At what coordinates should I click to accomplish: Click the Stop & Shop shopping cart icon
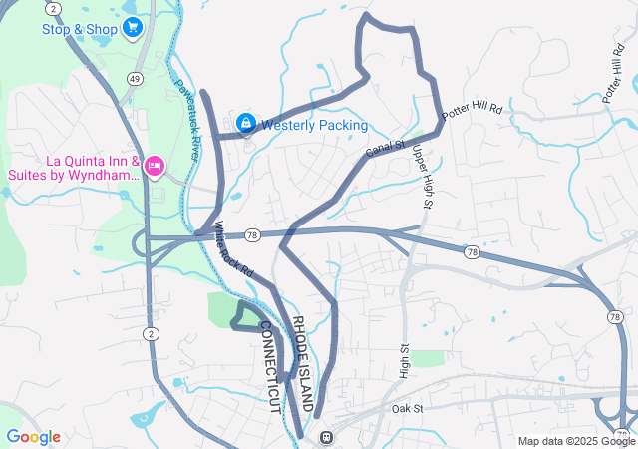click(133, 28)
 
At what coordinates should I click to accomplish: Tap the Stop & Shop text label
click(80, 28)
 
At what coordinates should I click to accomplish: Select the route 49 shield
click(135, 78)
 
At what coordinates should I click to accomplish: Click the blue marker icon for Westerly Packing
click(245, 124)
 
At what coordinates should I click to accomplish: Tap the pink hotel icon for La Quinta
click(155, 165)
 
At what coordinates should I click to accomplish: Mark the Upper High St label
click(422, 178)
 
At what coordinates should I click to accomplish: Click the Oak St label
click(408, 409)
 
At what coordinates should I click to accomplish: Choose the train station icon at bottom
click(325, 437)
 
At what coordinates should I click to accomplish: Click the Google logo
click(33, 437)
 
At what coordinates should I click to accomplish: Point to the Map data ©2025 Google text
click(574, 441)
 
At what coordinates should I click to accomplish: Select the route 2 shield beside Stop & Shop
click(53, 8)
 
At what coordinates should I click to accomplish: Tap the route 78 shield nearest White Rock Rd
click(253, 234)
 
